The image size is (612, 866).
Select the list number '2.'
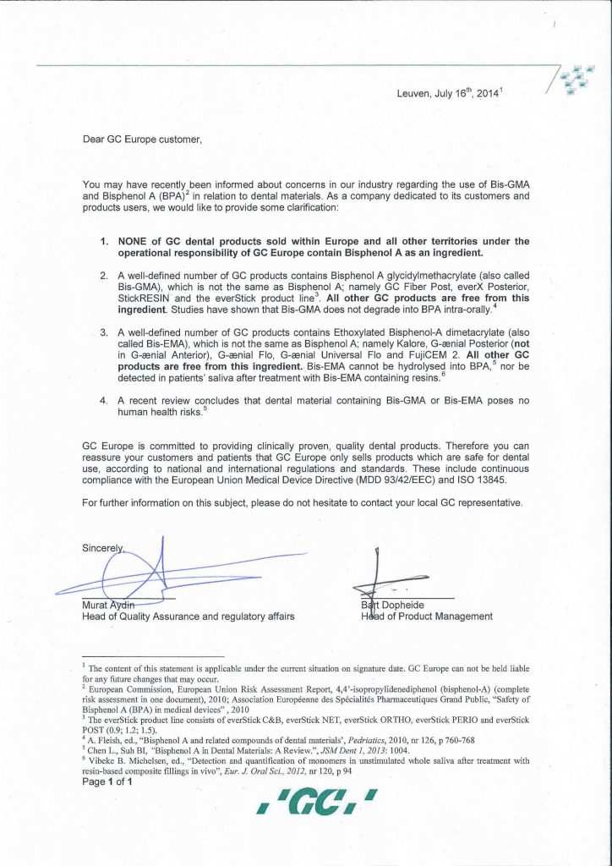click(105, 276)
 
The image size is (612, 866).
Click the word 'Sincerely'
click(102, 548)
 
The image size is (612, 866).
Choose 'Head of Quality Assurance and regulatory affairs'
click(188, 617)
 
